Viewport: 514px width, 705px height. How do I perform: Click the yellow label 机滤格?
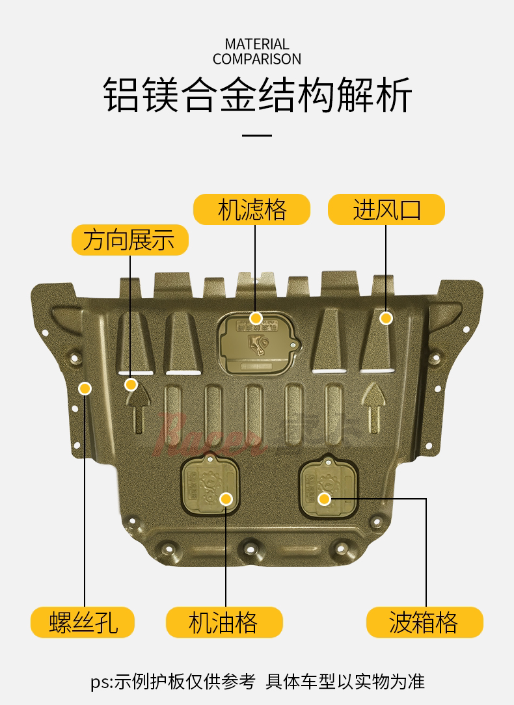(x=252, y=210)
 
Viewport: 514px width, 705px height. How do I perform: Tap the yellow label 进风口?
(x=386, y=210)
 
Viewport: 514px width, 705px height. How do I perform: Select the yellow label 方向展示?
(x=129, y=240)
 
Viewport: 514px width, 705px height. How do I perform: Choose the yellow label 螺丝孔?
(x=83, y=622)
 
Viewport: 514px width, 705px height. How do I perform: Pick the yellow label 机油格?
(x=224, y=622)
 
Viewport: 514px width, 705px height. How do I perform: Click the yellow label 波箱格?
(x=424, y=622)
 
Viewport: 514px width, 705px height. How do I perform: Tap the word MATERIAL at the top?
(x=256, y=44)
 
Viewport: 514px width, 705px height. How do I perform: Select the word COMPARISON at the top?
(x=256, y=59)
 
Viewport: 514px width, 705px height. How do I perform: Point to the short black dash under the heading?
(x=256, y=135)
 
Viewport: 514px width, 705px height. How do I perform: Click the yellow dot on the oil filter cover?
(x=256, y=318)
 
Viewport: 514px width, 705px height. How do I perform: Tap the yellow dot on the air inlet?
(x=386, y=318)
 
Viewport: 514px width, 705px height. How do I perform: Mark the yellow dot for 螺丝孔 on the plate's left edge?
(x=85, y=389)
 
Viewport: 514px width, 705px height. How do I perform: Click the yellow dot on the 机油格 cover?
(x=226, y=499)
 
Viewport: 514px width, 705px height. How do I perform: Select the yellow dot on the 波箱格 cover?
(x=325, y=499)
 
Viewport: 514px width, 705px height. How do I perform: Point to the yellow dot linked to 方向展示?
(x=131, y=384)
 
